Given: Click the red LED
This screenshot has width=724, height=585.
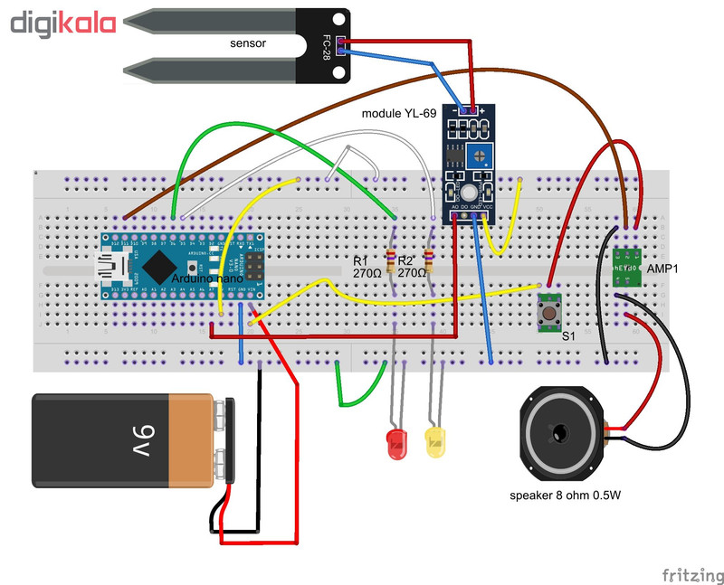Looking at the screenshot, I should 395,443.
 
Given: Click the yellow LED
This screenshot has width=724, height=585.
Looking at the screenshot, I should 435,443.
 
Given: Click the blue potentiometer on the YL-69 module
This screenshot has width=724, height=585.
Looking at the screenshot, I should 482,156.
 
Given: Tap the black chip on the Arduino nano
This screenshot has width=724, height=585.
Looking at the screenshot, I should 160,266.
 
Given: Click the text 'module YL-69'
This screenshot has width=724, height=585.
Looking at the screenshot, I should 398,114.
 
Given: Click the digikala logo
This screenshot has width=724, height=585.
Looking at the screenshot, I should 62,23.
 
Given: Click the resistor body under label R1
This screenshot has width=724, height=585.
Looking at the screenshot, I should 391,262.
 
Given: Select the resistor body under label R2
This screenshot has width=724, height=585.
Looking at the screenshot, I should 427,262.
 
